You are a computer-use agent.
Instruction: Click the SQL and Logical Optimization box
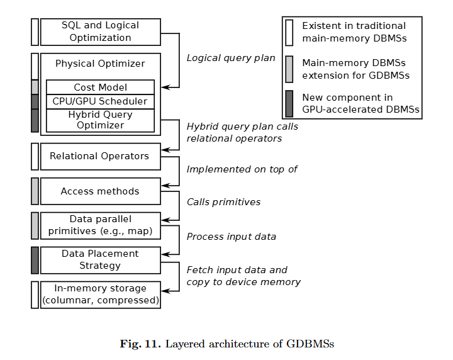(100, 31)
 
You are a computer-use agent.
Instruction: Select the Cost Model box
(100, 87)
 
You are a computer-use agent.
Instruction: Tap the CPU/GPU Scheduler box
(100, 101)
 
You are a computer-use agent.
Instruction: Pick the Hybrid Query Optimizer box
(100, 120)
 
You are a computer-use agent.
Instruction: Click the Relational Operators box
(100, 156)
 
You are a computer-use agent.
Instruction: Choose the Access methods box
(100, 191)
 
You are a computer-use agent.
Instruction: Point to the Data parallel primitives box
(100, 225)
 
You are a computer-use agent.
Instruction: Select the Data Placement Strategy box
(100, 260)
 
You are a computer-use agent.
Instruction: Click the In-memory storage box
(100, 295)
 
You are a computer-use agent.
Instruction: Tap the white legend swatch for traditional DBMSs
(289, 32)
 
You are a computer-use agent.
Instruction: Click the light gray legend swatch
(289, 69)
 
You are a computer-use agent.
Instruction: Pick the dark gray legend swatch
(289, 104)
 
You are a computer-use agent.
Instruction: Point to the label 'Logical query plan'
(231, 59)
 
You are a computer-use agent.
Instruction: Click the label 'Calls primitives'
(223, 202)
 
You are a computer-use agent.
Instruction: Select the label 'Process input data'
(231, 237)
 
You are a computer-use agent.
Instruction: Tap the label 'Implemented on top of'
(242, 169)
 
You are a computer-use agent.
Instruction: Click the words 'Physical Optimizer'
(100, 64)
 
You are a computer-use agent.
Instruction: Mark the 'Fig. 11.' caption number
(141, 344)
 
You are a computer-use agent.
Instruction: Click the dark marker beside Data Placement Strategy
(35, 260)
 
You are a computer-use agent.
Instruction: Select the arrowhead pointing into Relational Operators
(165, 150)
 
